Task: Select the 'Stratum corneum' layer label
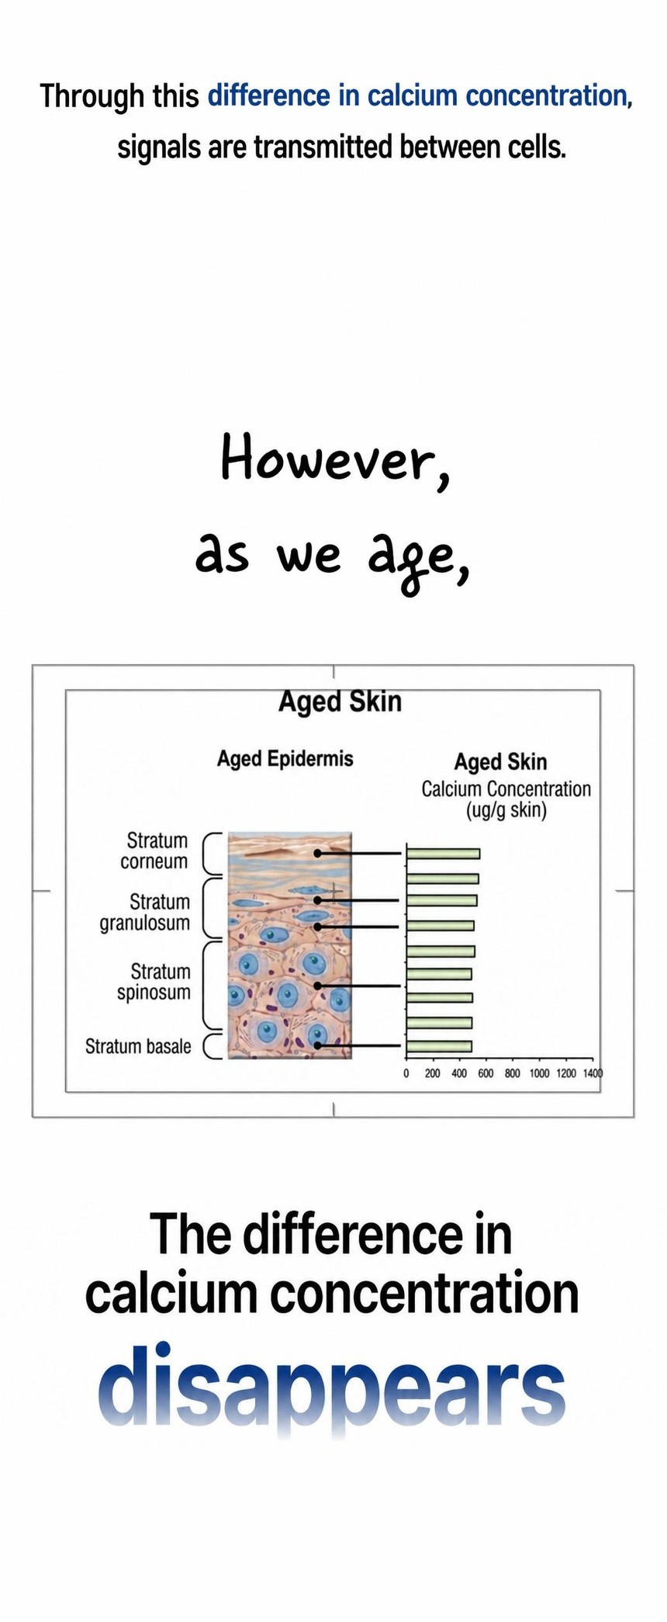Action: tap(154, 851)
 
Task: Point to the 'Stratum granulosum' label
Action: tap(145, 912)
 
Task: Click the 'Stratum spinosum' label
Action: tap(154, 982)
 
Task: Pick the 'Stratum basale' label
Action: tap(138, 1046)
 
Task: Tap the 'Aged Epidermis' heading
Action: tap(285, 758)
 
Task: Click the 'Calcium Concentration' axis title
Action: tap(506, 788)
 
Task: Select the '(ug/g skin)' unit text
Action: tap(506, 811)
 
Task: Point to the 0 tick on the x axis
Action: tap(406, 1073)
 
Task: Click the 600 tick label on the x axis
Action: tap(486, 1073)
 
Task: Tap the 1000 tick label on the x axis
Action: tap(539, 1073)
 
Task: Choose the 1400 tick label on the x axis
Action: tap(593, 1073)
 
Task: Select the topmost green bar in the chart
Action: tap(443, 854)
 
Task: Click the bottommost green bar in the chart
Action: tap(439, 1045)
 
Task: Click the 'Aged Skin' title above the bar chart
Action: tap(500, 762)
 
